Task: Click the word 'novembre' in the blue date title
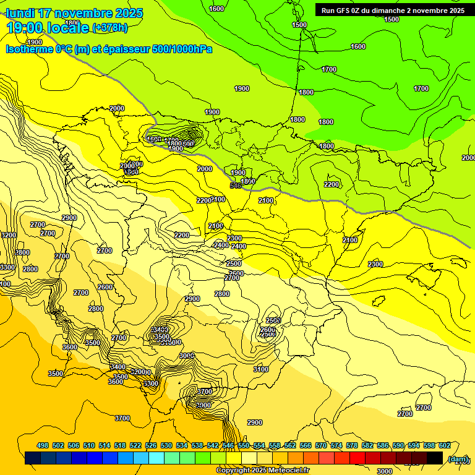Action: coord(80,13)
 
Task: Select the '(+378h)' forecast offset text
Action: coord(110,27)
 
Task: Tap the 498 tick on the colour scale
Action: coord(43,445)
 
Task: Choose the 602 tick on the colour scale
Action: coord(444,445)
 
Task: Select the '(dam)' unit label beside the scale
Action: coord(458,458)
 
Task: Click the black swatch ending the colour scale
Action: coord(435,458)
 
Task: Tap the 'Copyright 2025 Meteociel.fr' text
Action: coord(262,471)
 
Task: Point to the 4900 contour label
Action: coord(35,42)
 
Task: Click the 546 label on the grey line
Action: coord(236,186)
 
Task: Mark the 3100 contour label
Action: coord(261,369)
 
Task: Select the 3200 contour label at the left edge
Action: coord(9,235)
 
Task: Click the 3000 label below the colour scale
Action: coord(385,471)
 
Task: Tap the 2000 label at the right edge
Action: coord(468,158)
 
